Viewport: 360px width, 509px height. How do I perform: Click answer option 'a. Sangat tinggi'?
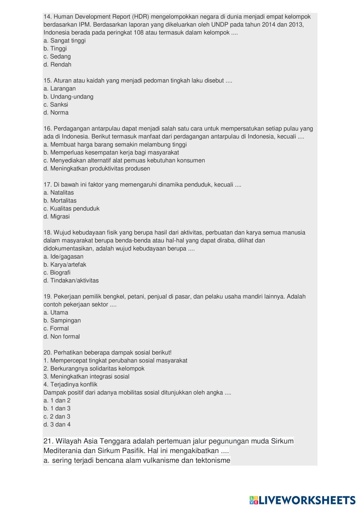tap(64, 41)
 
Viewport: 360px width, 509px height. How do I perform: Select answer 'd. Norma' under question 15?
tap(56, 113)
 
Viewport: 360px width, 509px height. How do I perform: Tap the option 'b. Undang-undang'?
tap(68, 97)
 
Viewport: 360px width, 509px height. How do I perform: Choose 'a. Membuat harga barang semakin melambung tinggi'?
tap(115, 145)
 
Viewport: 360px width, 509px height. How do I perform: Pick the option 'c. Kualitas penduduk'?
tap(71, 209)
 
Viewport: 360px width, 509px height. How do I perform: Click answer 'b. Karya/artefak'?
tap(65, 265)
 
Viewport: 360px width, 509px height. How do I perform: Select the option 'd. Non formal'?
tap(62, 337)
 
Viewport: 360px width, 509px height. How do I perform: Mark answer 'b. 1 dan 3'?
tap(57, 408)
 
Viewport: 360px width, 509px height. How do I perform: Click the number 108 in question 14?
tap(139, 33)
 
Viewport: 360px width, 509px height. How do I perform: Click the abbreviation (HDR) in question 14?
tap(140, 17)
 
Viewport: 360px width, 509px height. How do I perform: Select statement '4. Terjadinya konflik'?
tap(70, 385)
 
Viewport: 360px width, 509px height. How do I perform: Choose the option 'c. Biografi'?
tap(57, 273)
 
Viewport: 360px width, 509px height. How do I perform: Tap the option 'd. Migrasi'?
tap(57, 217)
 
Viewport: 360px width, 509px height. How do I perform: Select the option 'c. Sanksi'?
tap(56, 105)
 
